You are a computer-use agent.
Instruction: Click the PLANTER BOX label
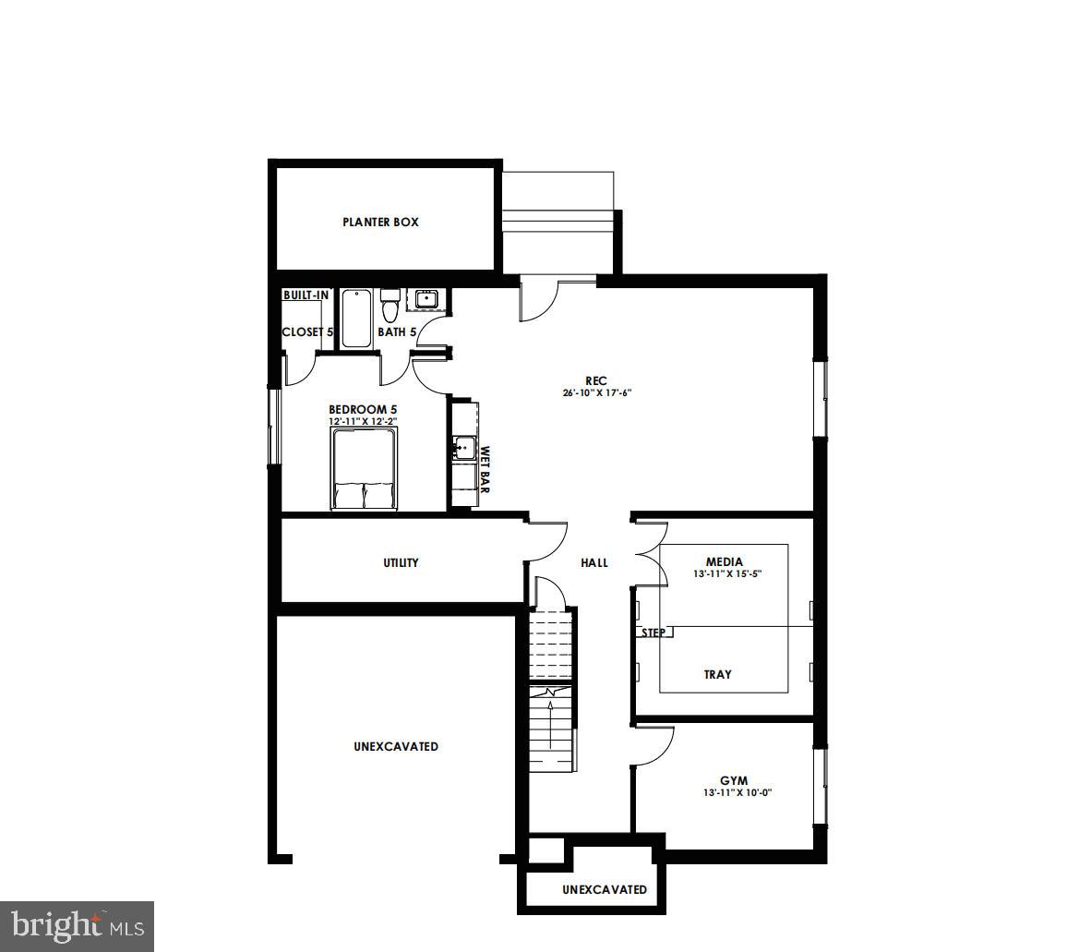pos(380,223)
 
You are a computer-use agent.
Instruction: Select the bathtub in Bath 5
pos(356,319)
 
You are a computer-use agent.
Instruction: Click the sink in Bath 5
pos(426,298)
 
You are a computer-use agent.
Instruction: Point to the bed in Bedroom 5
pos(364,472)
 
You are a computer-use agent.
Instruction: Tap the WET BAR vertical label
pos(485,470)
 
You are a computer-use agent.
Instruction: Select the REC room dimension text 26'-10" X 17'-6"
pos(595,392)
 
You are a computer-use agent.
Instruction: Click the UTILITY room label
pos(401,562)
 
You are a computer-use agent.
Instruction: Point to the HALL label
pos(594,562)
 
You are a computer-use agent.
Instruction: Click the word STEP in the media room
pos(653,633)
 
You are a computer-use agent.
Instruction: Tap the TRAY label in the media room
pos(717,674)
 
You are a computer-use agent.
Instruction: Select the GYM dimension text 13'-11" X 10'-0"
pos(736,792)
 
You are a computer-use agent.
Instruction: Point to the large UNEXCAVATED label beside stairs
pos(396,746)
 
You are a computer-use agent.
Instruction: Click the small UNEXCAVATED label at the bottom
pos(605,889)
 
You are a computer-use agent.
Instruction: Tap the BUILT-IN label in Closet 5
pos(306,295)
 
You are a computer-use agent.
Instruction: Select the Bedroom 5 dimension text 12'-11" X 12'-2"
pos(363,422)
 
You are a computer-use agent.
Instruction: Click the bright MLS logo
pos(77,923)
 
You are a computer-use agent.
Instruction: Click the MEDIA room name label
pos(724,561)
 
